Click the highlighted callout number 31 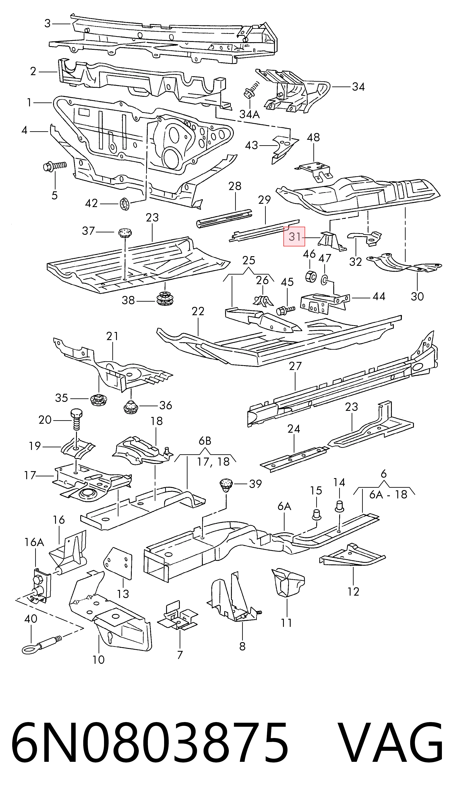[x=294, y=237]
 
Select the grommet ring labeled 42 [x=125, y=204]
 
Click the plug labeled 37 [x=125, y=233]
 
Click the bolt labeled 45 [x=286, y=310]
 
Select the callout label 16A [x=35, y=542]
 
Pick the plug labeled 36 [x=130, y=407]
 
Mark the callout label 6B [x=205, y=441]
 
